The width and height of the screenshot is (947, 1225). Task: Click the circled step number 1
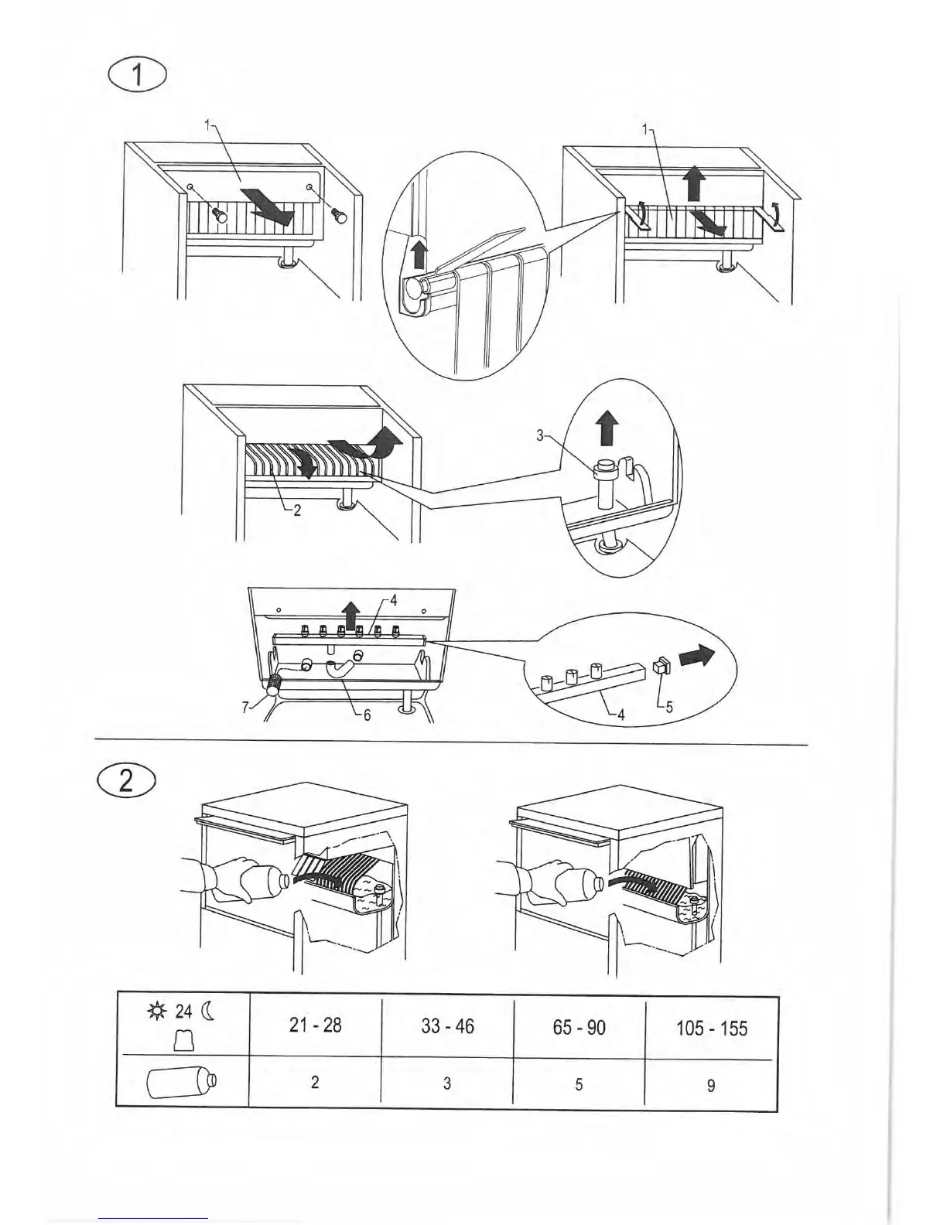[x=138, y=76]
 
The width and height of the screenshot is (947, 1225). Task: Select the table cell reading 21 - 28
[x=315, y=1025]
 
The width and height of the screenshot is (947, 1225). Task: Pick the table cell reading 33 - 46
[x=447, y=1027]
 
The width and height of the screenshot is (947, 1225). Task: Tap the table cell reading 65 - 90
[x=579, y=1028]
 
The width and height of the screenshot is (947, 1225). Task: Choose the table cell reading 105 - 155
[x=711, y=1029]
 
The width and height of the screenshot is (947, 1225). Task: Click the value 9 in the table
[x=711, y=1086]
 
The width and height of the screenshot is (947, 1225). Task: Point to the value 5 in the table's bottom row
[x=579, y=1084]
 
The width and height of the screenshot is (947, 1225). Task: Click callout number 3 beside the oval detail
[x=541, y=436]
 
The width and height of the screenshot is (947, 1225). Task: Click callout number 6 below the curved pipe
[x=368, y=715]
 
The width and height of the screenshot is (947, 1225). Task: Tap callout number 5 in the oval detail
[x=669, y=705]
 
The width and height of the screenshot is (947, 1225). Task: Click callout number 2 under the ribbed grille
[x=297, y=510]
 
